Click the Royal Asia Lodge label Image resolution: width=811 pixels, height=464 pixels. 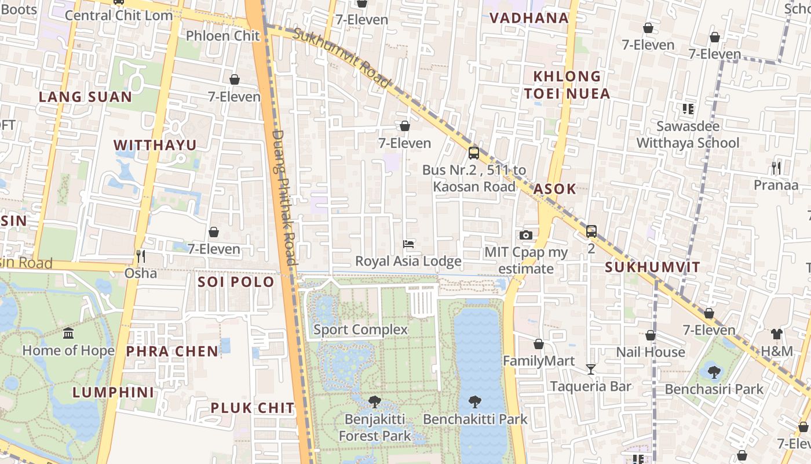coord(408,261)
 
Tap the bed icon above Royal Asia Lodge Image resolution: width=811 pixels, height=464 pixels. coord(408,244)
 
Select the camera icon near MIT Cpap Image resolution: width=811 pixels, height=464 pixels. coord(526,235)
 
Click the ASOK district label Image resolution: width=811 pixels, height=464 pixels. coord(554,188)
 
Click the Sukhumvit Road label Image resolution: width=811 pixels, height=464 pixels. coord(341,58)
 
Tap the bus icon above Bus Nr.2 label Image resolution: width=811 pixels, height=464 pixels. coord(474,153)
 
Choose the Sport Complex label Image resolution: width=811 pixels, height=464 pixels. coord(360,329)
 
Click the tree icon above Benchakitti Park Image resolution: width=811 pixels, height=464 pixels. coord(475,401)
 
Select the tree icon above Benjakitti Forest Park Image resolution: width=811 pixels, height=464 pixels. coord(375,401)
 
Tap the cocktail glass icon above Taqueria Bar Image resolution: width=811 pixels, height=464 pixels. coord(590,369)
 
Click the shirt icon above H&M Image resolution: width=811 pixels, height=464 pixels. coord(776,334)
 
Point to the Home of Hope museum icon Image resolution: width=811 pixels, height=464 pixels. coord(68,333)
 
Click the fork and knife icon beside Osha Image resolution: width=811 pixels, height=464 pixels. coord(140,256)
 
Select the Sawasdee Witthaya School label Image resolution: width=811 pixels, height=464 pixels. coord(688,135)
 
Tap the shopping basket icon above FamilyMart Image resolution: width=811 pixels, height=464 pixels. coord(539,344)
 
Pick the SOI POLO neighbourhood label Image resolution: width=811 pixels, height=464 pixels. coord(236,282)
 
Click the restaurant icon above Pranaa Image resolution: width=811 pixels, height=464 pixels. coord(776,168)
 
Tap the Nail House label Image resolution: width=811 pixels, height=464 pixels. coord(650,352)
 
